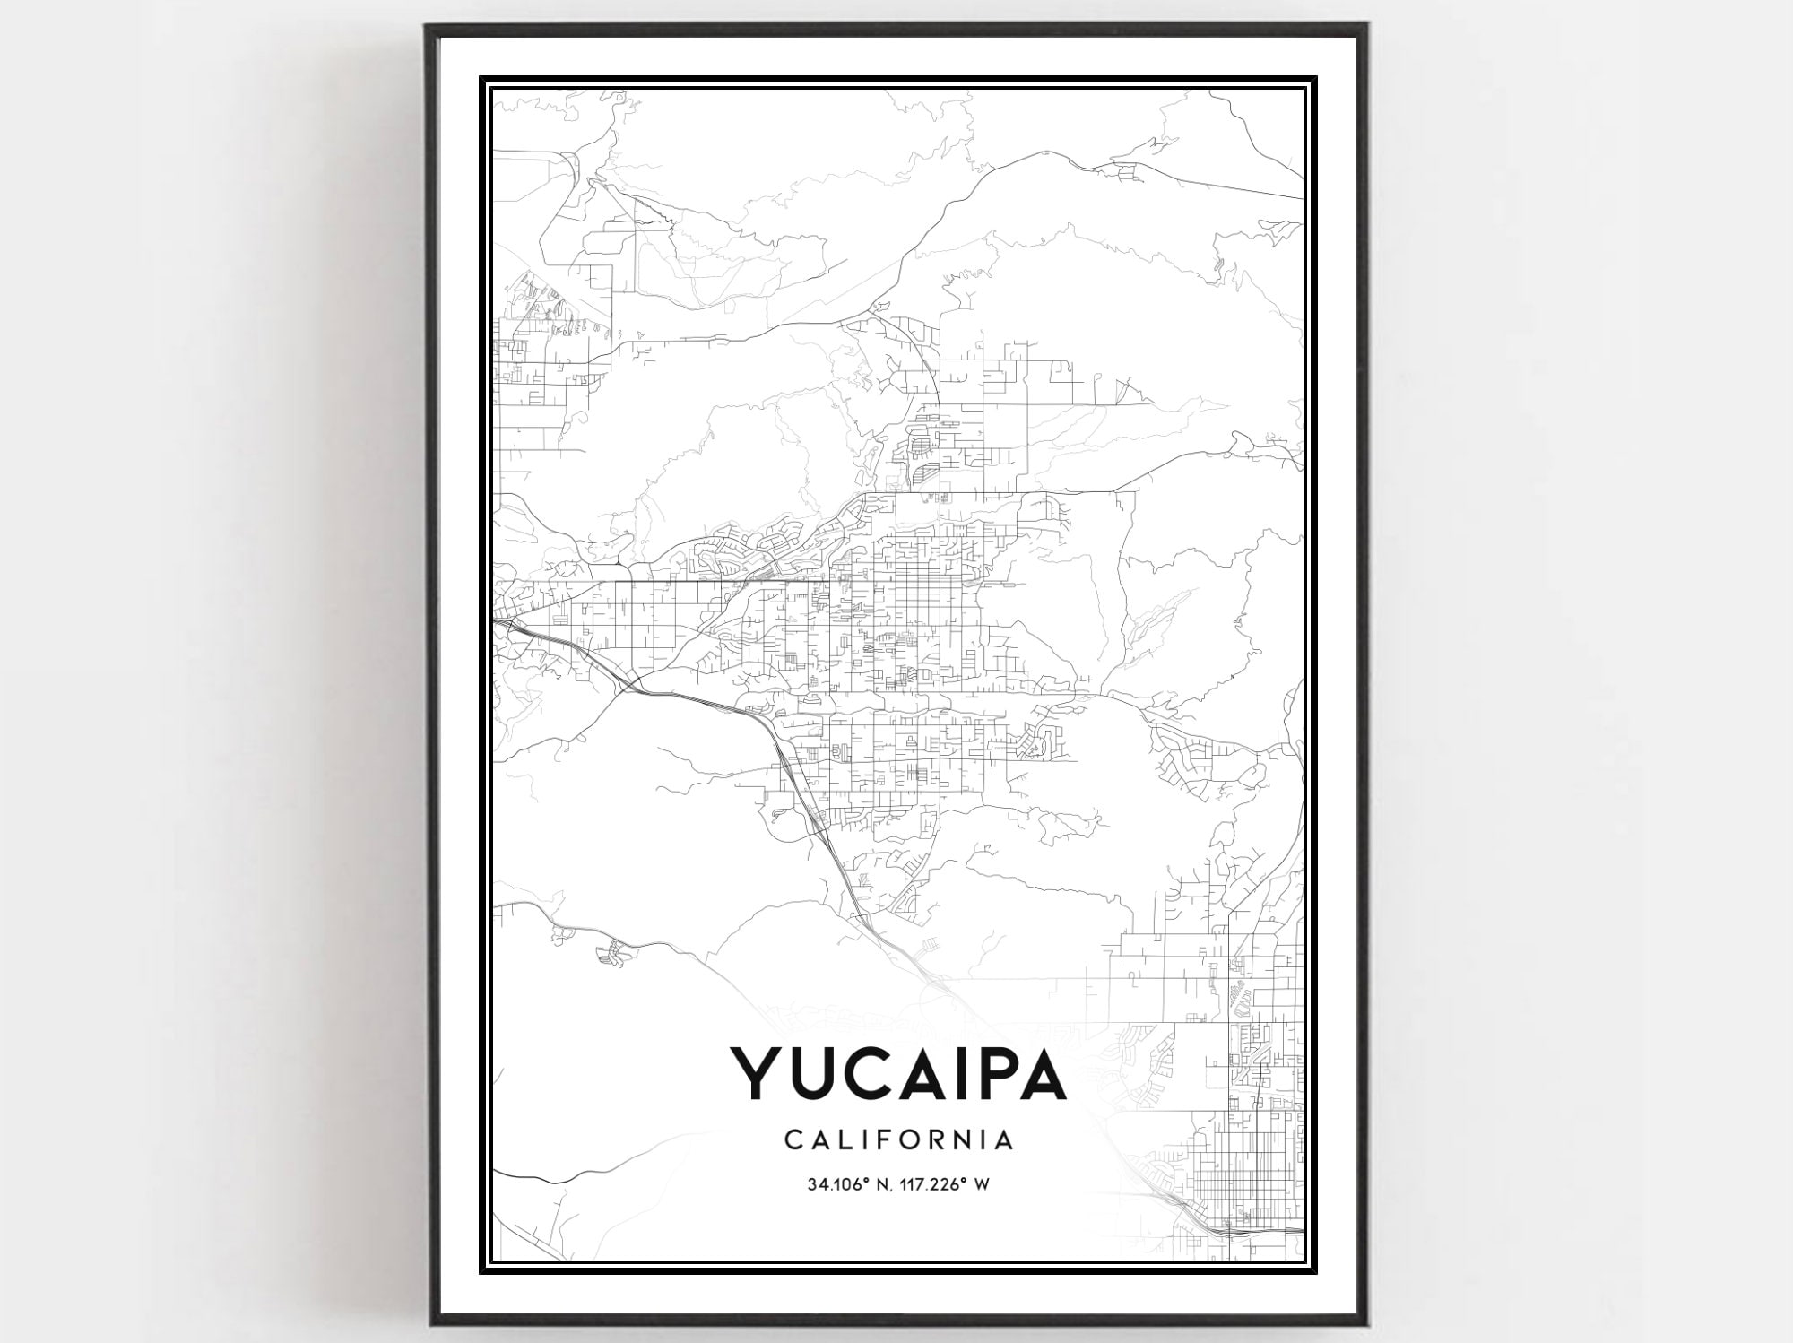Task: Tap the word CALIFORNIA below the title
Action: [x=899, y=1140]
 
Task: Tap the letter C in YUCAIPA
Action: [x=873, y=1072]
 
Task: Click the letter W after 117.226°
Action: [x=983, y=1184]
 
